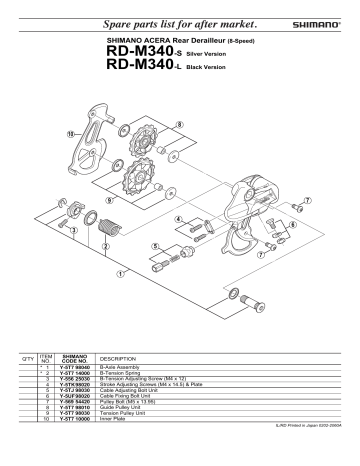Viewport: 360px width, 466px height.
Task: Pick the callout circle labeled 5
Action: [x=155, y=245]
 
